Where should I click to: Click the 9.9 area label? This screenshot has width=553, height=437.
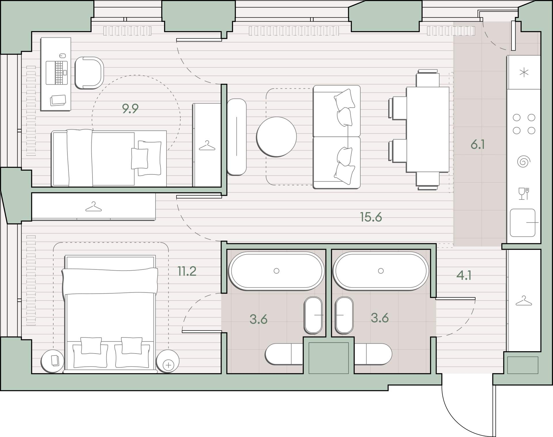[x=130, y=109]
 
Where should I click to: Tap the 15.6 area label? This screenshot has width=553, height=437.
[x=371, y=217]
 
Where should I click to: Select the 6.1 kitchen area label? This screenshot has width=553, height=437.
[x=478, y=144]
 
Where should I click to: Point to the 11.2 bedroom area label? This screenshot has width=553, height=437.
[x=187, y=271]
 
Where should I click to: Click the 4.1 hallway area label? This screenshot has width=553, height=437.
[x=464, y=275]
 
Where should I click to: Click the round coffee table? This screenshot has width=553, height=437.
[x=276, y=137]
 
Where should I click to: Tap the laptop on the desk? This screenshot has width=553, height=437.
[x=56, y=73]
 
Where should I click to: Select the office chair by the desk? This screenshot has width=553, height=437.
[x=89, y=73]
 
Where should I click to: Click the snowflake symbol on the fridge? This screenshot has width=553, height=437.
[x=524, y=72]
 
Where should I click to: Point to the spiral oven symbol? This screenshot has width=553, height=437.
[x=524, y=161]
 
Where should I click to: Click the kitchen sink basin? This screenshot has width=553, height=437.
[x=522, y=223]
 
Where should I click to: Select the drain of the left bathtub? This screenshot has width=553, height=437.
[x=276, y=271]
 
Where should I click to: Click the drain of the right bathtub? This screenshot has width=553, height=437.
[x=381, y=271]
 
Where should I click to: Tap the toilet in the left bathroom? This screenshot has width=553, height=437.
[x=284, y=354]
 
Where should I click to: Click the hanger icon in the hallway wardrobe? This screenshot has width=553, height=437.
[x=524, y=301]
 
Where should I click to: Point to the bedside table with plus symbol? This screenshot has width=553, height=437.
[x=168, y=361]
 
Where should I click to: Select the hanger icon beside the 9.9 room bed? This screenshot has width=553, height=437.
[x=207, y=145]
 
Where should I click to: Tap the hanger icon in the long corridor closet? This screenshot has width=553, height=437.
[x=94, y=206]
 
